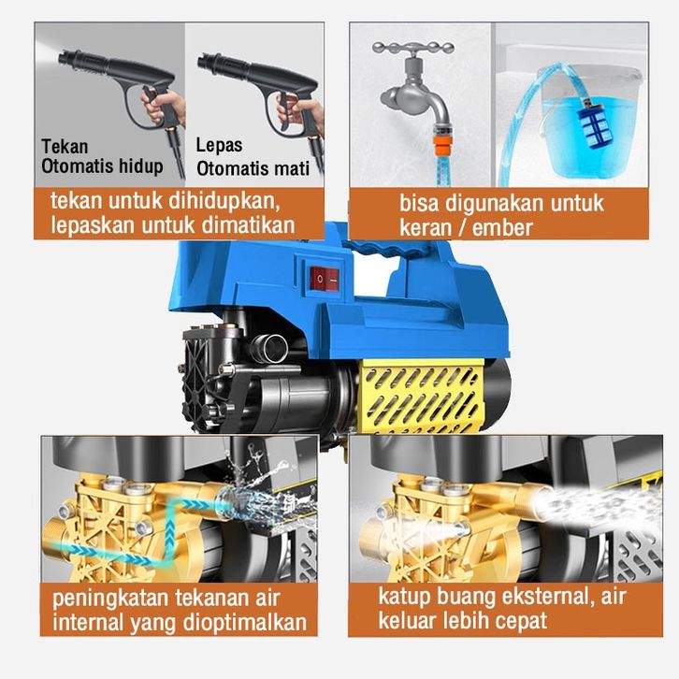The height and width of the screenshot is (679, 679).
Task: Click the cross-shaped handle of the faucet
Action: pyautogui.click(x=412, y=49)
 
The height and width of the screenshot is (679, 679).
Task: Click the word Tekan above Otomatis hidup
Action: pyautogui.click(x=65, y=146)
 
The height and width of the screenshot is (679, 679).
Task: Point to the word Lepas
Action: pyautogui.click(x=219, y=146)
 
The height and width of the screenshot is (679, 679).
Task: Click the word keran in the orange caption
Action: pyautogui.click(x=426, y=228)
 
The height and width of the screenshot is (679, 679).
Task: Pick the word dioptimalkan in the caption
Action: pyautogui.click(x=245, y=623)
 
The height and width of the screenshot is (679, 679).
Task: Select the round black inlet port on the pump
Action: pyautogui.click(x=271, y=345)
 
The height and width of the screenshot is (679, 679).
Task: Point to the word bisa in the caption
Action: pyautogui.click(x=419, y=204)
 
